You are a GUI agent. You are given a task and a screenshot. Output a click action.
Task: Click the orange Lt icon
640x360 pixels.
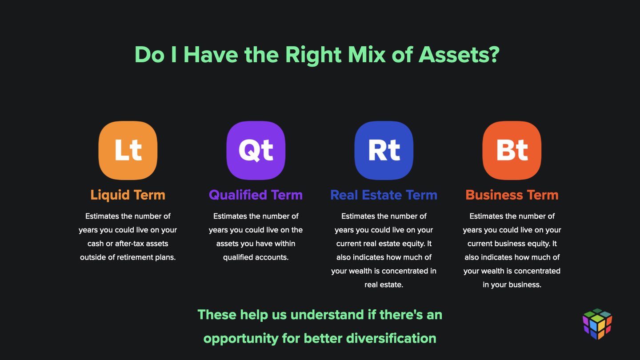tap(128, 150)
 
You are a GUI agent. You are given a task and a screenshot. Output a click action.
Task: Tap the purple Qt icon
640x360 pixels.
tap(256, 150)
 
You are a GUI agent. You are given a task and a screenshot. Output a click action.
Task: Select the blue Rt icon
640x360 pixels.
tap(384, 150)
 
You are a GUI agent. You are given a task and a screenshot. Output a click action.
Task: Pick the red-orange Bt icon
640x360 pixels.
tap(512, 150)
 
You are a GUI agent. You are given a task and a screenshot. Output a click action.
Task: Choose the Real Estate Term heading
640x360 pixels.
tap(384, 195)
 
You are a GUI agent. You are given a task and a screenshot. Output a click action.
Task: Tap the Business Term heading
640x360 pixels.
tap(512, 195)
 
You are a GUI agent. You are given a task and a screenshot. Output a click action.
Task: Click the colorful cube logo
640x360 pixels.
tap(597, 324)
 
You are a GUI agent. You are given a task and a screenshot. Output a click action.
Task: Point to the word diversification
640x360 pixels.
tap(391, 338)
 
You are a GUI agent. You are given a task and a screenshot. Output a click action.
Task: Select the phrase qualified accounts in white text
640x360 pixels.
tap(256, 258)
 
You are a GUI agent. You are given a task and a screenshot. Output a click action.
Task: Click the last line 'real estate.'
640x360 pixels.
tap(384, 285)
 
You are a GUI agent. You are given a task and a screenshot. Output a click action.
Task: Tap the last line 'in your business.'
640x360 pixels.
tap(512, 285)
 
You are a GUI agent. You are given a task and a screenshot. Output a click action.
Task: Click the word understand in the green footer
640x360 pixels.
tap(327, 315)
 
